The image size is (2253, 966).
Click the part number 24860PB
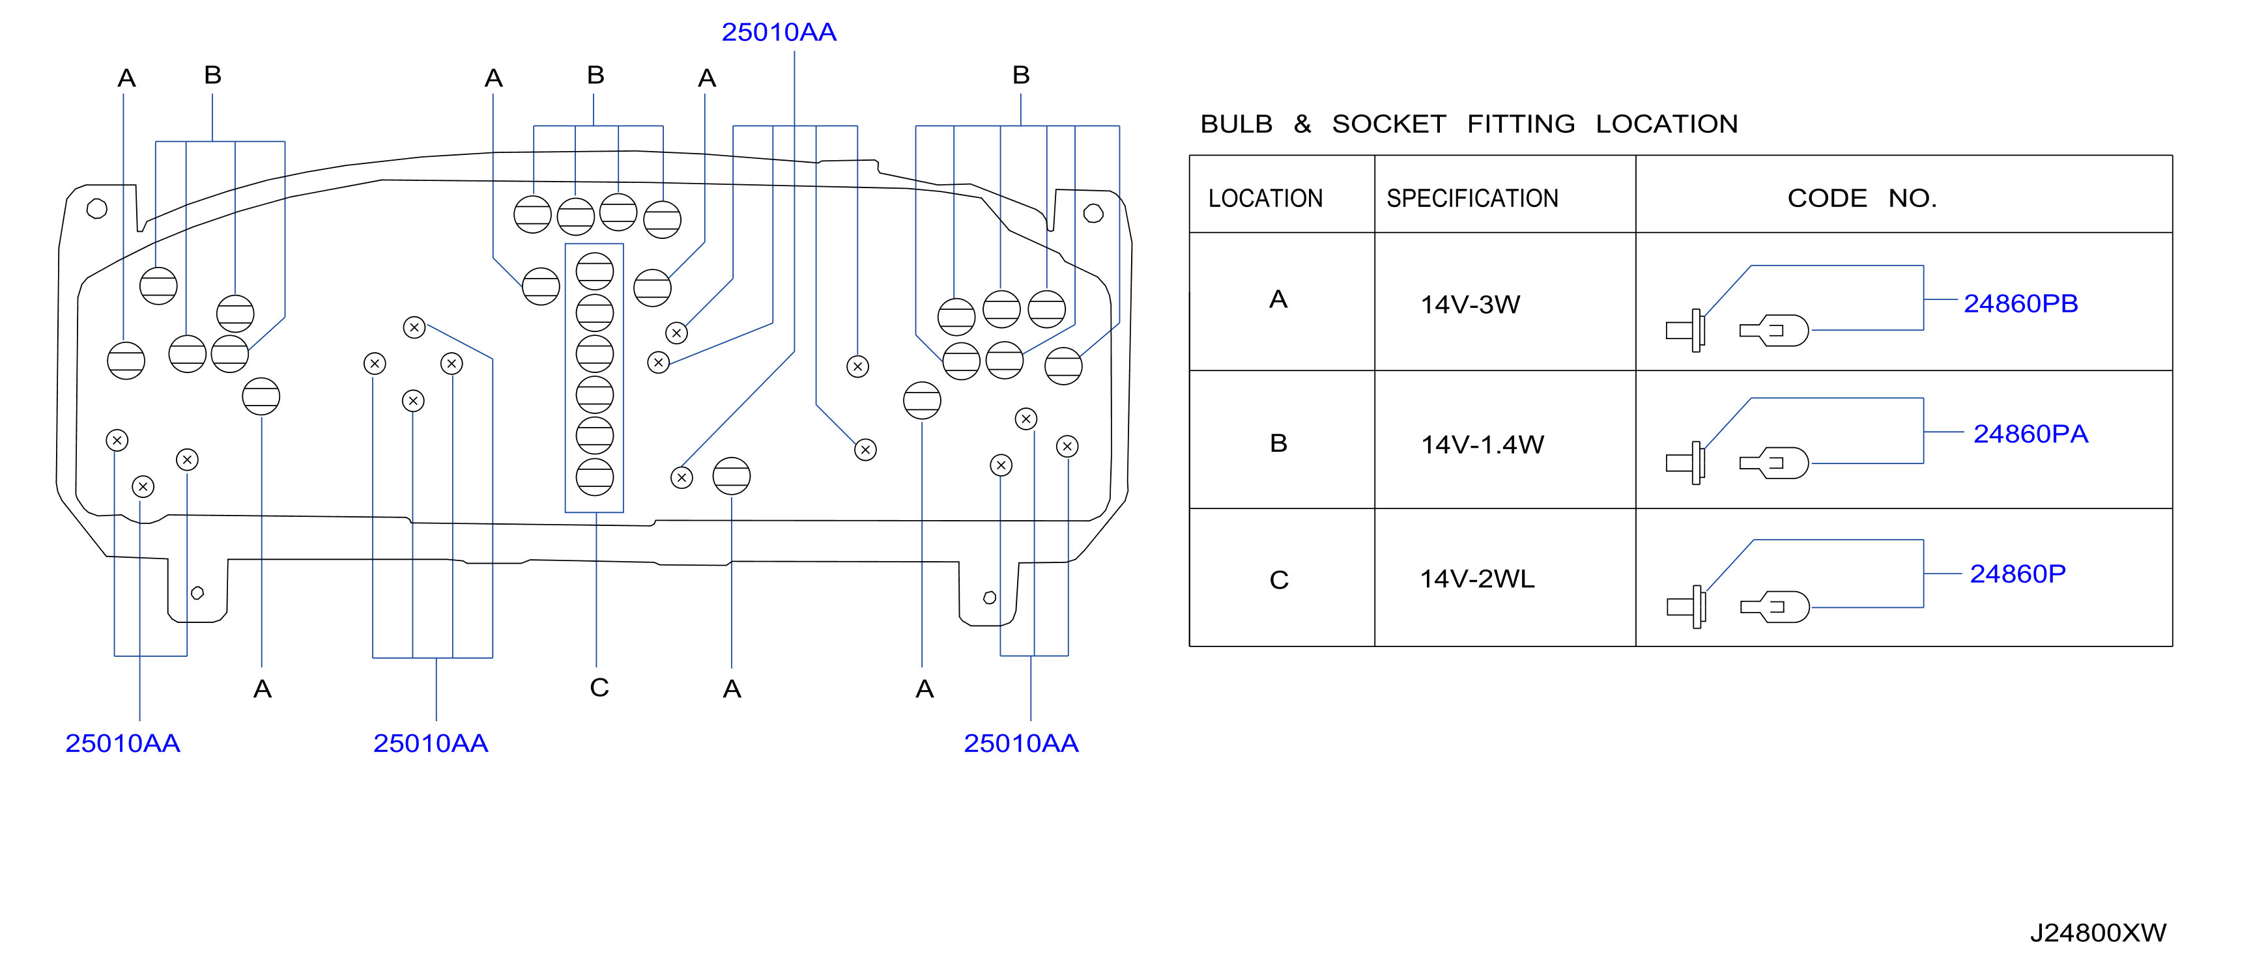point(2020,303)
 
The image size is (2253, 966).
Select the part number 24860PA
point(2030,434)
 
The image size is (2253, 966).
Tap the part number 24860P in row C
point(2018,573)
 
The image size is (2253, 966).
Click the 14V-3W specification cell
point(1471,304)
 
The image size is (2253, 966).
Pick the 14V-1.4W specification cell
point(1482,444)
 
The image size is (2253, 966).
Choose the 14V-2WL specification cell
point(1477,579)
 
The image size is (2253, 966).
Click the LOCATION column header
point(1265,199)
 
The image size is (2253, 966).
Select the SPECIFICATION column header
point(1472,199)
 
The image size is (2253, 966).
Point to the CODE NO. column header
point(1862,199)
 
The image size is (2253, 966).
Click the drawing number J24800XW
point(2097,933)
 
